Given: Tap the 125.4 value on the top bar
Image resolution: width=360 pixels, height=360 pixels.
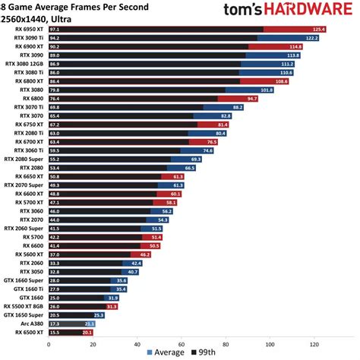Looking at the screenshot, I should point(318,29).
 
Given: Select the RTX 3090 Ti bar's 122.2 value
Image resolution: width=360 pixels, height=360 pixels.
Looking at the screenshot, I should point(311,37).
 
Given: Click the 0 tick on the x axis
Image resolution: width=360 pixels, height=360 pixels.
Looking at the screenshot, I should point(49,343).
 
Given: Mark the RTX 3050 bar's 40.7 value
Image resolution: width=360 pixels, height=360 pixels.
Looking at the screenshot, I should point(133,270).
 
